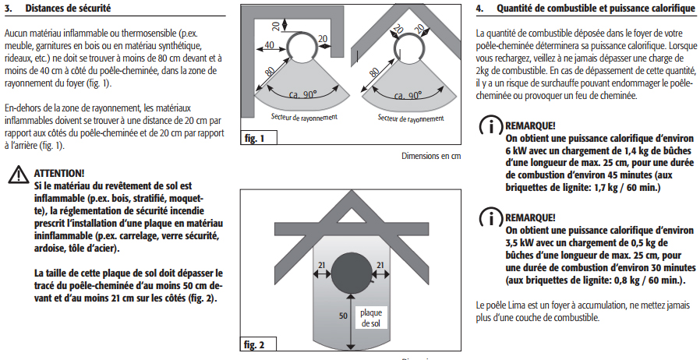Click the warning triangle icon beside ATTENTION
[x=17, y=175]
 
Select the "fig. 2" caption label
[x=255, y=344]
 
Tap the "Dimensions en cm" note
[x=431, y=155]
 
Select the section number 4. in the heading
[x=480, y=9]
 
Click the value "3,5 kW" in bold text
[x=520, y=242]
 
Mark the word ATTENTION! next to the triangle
[x=59, y=173]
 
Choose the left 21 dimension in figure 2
[x=321, y=266]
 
